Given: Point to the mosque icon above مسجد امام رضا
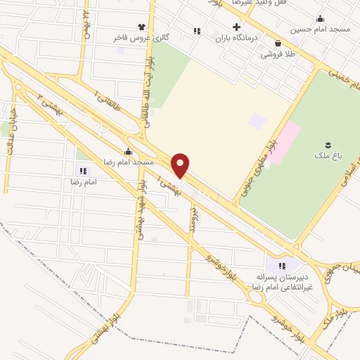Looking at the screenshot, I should click(128, 152).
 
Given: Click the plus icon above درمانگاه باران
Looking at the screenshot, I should click(237, 26).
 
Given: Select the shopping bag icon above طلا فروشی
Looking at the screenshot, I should click(278, 43).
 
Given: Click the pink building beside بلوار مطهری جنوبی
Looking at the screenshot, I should click(283, 143).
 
